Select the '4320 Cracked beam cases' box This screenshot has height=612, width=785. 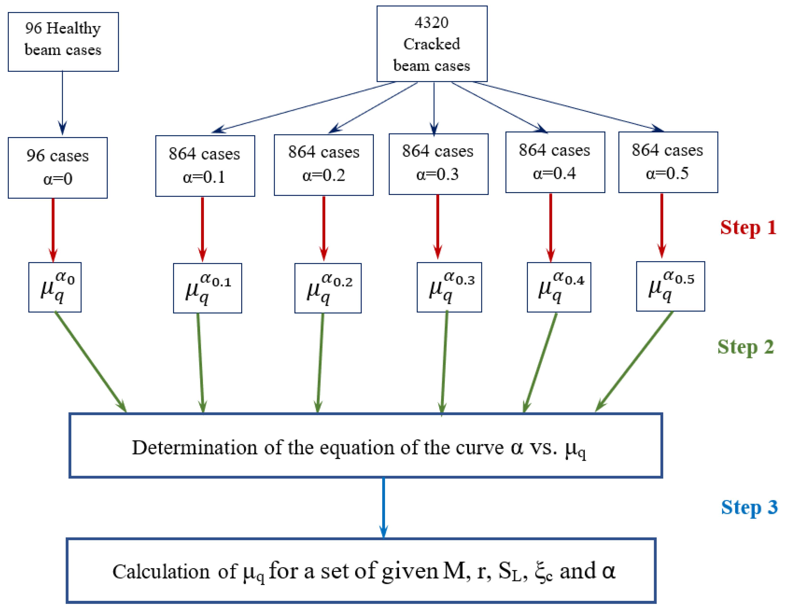432,44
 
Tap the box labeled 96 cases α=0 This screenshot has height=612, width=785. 58,167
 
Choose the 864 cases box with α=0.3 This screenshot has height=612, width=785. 438,164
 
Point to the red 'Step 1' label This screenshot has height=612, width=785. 748,228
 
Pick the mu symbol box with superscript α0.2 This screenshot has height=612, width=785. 328,288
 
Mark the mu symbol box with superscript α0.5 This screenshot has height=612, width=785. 670,286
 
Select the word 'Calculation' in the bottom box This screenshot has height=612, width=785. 161,571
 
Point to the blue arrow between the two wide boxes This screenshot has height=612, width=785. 384,507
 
